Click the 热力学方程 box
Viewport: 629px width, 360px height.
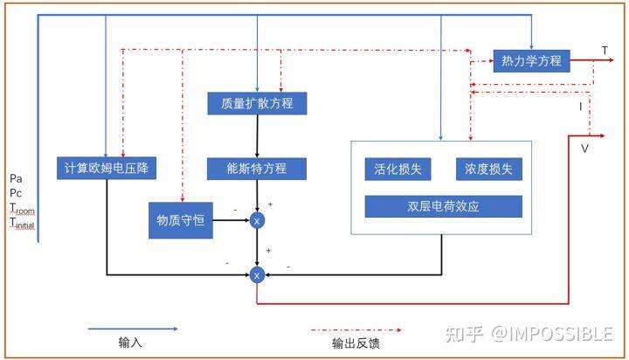tap(531, 61)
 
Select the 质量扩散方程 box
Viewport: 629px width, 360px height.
tap(257, 104)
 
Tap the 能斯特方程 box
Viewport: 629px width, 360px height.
tap(257, 168)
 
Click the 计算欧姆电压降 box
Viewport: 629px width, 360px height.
tap(106, 169)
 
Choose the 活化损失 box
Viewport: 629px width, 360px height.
tap(397, 169)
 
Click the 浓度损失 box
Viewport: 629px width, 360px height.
tap(488, 169)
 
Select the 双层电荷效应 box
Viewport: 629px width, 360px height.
tap(443, 206)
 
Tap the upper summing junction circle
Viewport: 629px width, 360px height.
tap(257, 221)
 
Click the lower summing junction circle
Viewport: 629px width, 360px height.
tap(257, 275)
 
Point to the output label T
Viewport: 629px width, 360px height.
tap(605, 51)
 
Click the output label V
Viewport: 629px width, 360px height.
tap(584, 149)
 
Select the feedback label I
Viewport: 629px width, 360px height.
tap(580, 106)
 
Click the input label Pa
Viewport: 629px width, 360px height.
tap(16, 178)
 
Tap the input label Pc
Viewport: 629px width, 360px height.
tap(16, 192)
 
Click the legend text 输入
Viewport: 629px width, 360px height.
tap(130, 343)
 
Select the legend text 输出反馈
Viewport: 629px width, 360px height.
tap(356, 343)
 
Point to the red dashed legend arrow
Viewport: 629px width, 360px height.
tap(356, 330)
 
